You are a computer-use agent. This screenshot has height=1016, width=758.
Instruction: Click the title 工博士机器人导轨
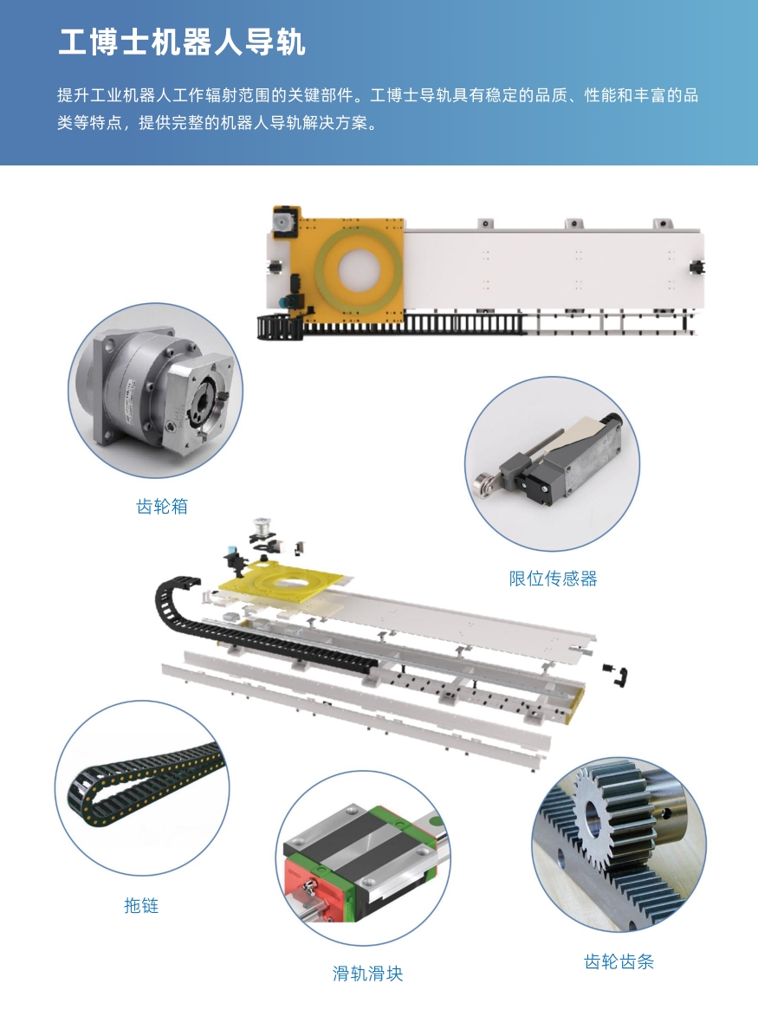(181, 42)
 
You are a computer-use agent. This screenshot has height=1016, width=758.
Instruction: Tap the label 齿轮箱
(162, 506)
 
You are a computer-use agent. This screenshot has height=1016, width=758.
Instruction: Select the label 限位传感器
(553, 579)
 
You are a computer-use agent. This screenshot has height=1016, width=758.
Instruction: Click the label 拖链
(141, 905)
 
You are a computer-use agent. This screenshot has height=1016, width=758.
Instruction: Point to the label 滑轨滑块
(367, 974)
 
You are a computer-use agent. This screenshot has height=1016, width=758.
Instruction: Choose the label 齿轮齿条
(619, 961)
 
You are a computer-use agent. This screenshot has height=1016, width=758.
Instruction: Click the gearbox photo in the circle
(155, 391)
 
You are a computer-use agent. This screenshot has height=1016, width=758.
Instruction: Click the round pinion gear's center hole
(595, 818)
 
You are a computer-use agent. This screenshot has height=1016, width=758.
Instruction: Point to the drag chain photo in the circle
(142, 788)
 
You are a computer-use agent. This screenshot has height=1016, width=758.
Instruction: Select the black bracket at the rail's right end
(697, 266)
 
